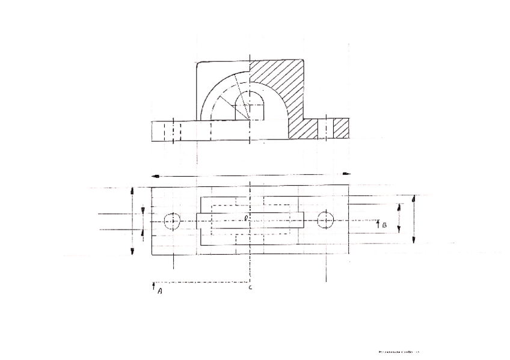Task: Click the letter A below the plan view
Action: pyautogui.click(x=160, y=291)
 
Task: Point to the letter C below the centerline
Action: pyautogui.click(x=250, y=288)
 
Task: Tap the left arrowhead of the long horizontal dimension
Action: pyautogui.click(x=154, y=175)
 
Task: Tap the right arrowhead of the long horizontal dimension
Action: pyautogui.click(x=346, y=174)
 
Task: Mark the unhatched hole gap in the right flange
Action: pyautogui.click(x=326, y=128)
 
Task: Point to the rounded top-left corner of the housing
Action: pyautogui.click(x=199, y=64)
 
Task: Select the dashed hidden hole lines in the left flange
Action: pyautogui.click(x=173, y=131)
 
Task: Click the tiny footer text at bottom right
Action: pyautogui.click(x=398, y=352)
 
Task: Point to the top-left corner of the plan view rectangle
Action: pyautogui.click(x=152, y=188)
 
